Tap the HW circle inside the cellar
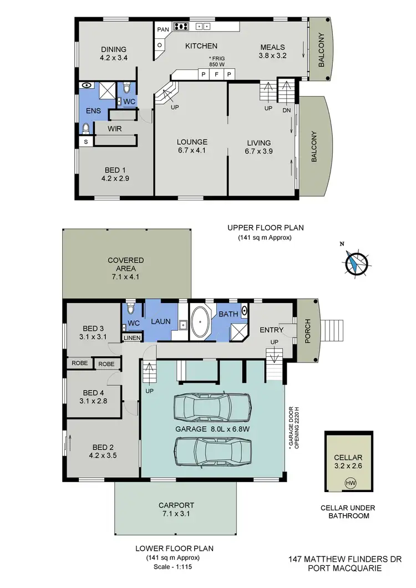point(351,482)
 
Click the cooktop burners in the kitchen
point(181,25)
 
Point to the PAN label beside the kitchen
point(163,29)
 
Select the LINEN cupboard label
point(132,338)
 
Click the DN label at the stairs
point(286,110)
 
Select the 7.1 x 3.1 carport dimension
point(175,514)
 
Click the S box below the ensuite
point(85,142)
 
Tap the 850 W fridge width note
point(216,64)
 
